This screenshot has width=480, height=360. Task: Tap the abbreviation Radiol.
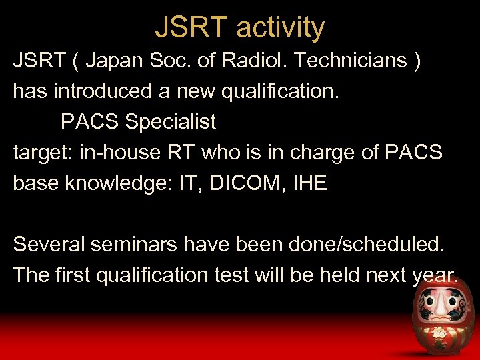[254, 61]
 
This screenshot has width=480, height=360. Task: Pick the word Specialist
[171, 122]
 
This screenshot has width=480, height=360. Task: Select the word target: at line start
[43, 153]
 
